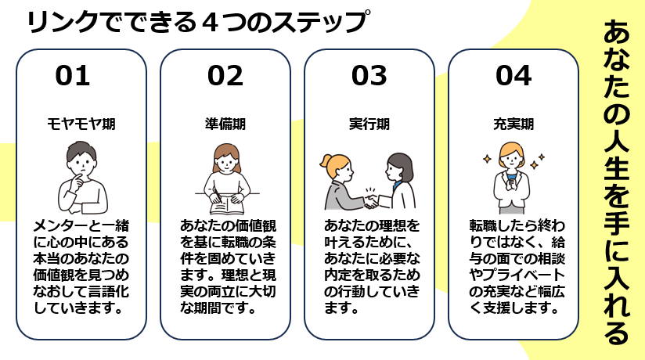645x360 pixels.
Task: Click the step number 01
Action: tap(73, 75)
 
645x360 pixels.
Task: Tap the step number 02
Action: tap(225, 75)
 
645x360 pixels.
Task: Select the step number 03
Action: tap(369, 75)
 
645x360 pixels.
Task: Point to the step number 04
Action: tap(513, 75)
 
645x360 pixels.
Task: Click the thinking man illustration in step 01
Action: tap(81, 176)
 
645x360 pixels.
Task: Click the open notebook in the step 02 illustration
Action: tap(223, 205)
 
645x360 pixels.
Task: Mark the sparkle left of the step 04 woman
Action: tap(485, 159)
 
